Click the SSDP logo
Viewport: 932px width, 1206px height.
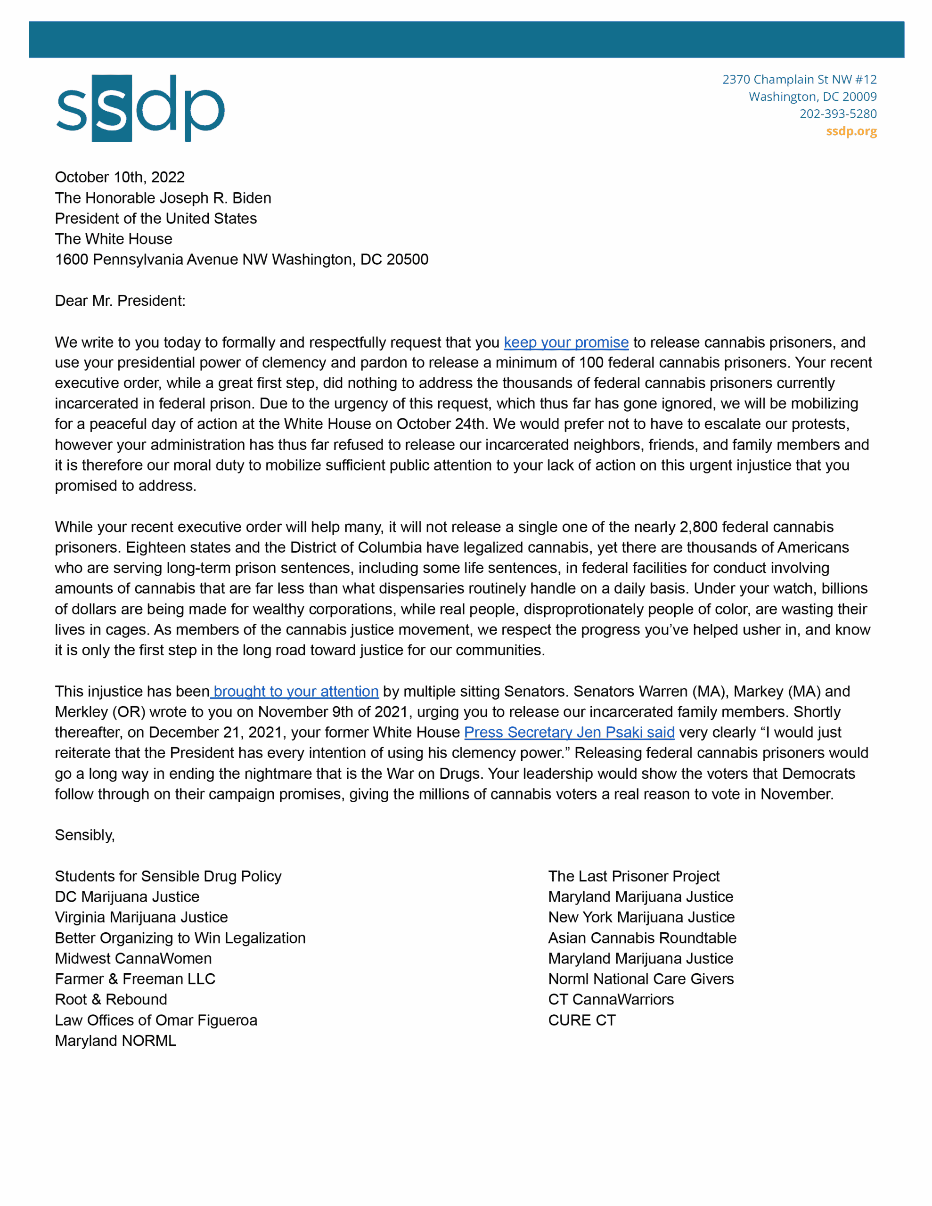140,108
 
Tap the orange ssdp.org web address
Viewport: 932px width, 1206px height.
851,131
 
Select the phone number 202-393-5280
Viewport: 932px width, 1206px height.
838,114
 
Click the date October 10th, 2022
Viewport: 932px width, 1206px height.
119,177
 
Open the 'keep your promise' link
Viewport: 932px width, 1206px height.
566,342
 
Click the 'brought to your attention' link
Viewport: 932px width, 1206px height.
295,692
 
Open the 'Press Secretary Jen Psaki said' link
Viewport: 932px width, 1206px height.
569,732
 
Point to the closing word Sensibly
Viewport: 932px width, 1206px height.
84,835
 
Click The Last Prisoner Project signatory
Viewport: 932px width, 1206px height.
634,876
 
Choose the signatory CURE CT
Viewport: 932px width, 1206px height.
582,1020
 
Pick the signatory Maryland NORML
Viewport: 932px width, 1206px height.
115,1041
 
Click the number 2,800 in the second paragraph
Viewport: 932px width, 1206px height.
698,527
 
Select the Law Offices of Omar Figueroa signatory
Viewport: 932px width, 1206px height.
156,1020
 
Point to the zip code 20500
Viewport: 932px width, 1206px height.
407,260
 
